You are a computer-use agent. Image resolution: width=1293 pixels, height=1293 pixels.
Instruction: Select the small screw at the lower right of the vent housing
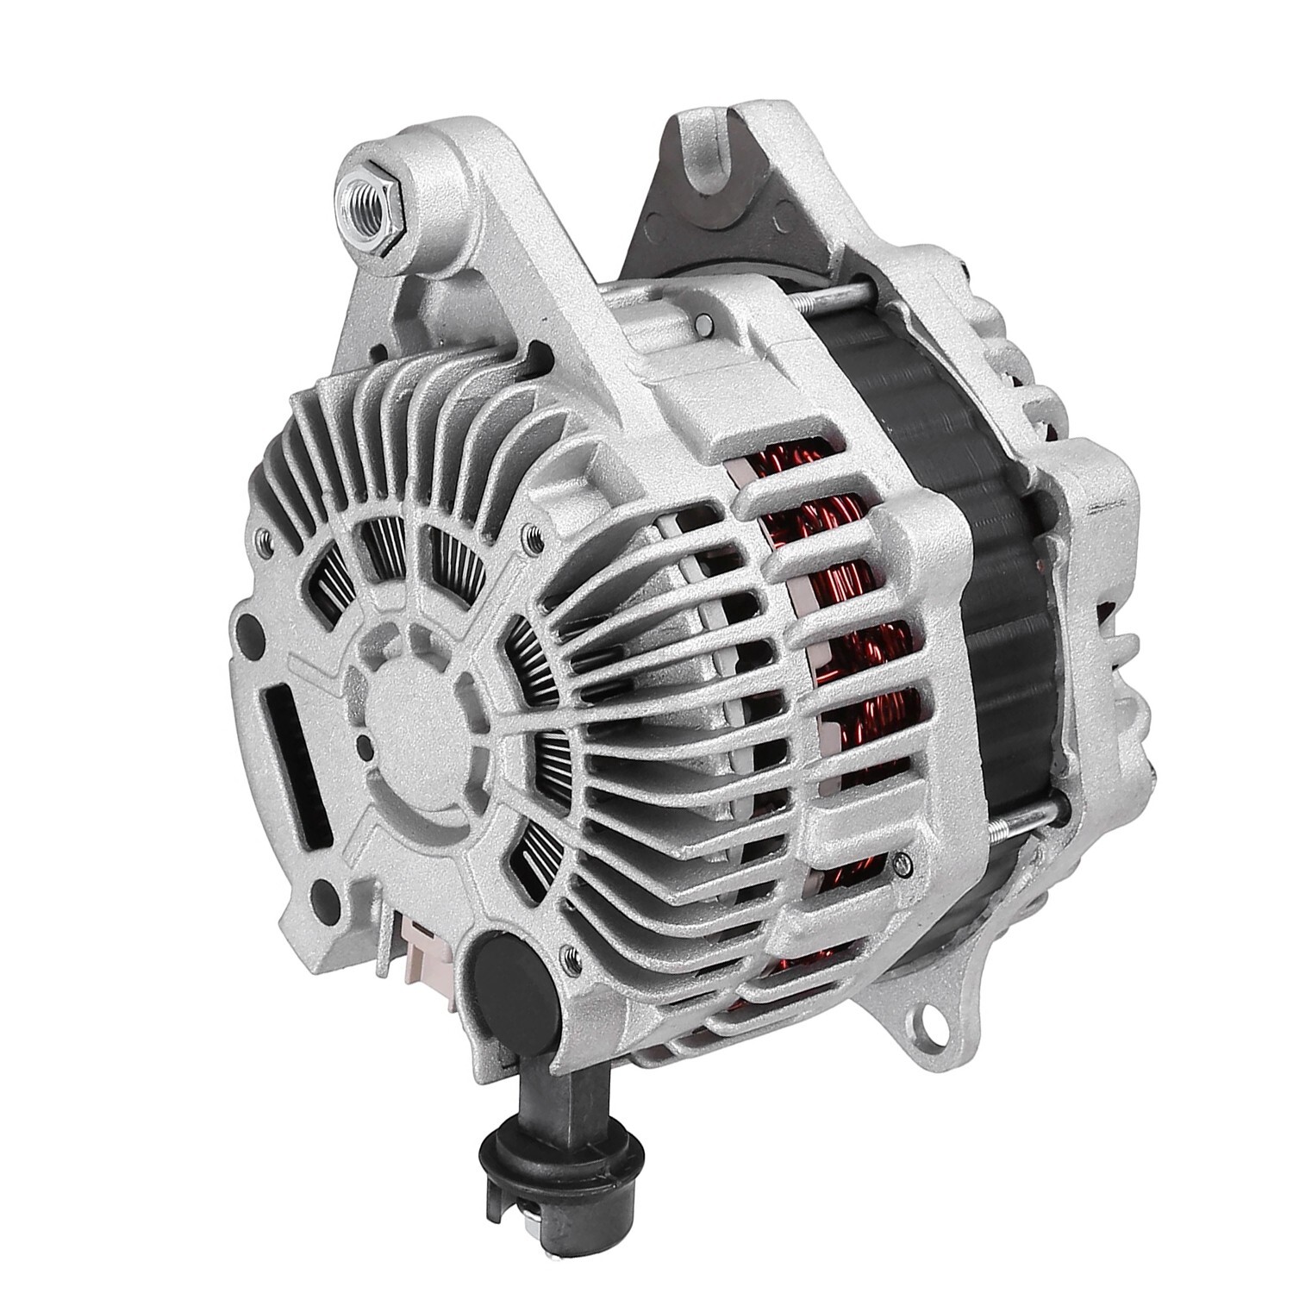click(902, 859)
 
